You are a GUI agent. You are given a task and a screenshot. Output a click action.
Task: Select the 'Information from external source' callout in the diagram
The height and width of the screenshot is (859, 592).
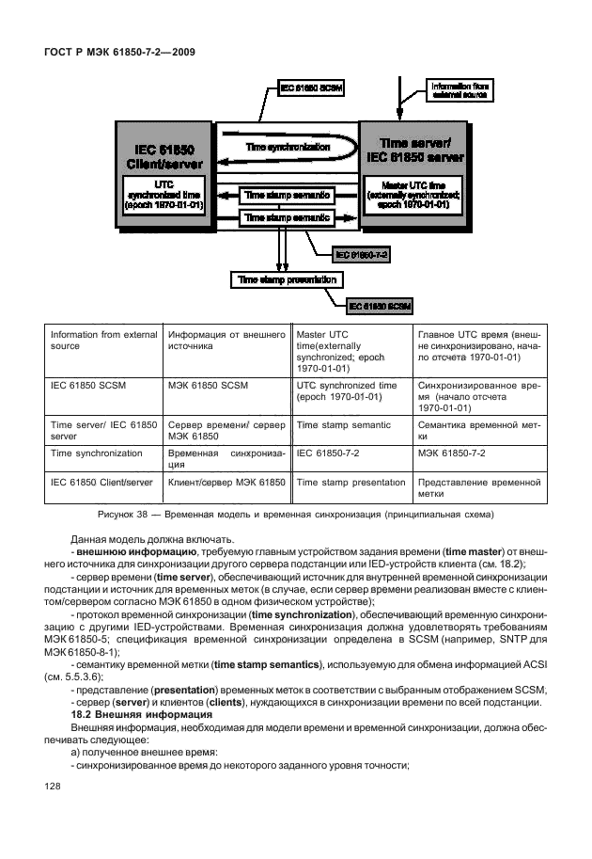(x=459, y=90)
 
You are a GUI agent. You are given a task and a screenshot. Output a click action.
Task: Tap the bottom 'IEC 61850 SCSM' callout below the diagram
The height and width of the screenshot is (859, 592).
(x=381, y=306)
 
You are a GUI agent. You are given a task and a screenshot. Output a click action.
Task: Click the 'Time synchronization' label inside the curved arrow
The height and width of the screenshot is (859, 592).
(x=288, y=148)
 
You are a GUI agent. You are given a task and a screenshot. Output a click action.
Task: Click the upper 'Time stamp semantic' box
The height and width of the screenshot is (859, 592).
(x=287, y=195)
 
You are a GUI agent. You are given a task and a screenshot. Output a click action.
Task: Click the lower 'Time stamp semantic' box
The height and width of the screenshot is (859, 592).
(x=287, y=217)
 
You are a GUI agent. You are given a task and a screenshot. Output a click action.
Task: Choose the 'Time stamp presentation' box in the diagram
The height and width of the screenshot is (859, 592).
(x=287, y=279)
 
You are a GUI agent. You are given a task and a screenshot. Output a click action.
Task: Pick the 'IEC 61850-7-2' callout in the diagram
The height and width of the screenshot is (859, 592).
(x=362, y=255)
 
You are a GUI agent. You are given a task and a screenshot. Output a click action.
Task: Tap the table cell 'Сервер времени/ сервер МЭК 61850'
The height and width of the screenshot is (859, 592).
(x=226, y=431)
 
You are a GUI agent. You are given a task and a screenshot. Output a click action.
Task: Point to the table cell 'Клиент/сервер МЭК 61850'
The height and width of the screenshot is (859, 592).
(x=226, y=482)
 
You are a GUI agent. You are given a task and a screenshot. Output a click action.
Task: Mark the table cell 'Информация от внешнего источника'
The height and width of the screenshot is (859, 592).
(x=226, y=341)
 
